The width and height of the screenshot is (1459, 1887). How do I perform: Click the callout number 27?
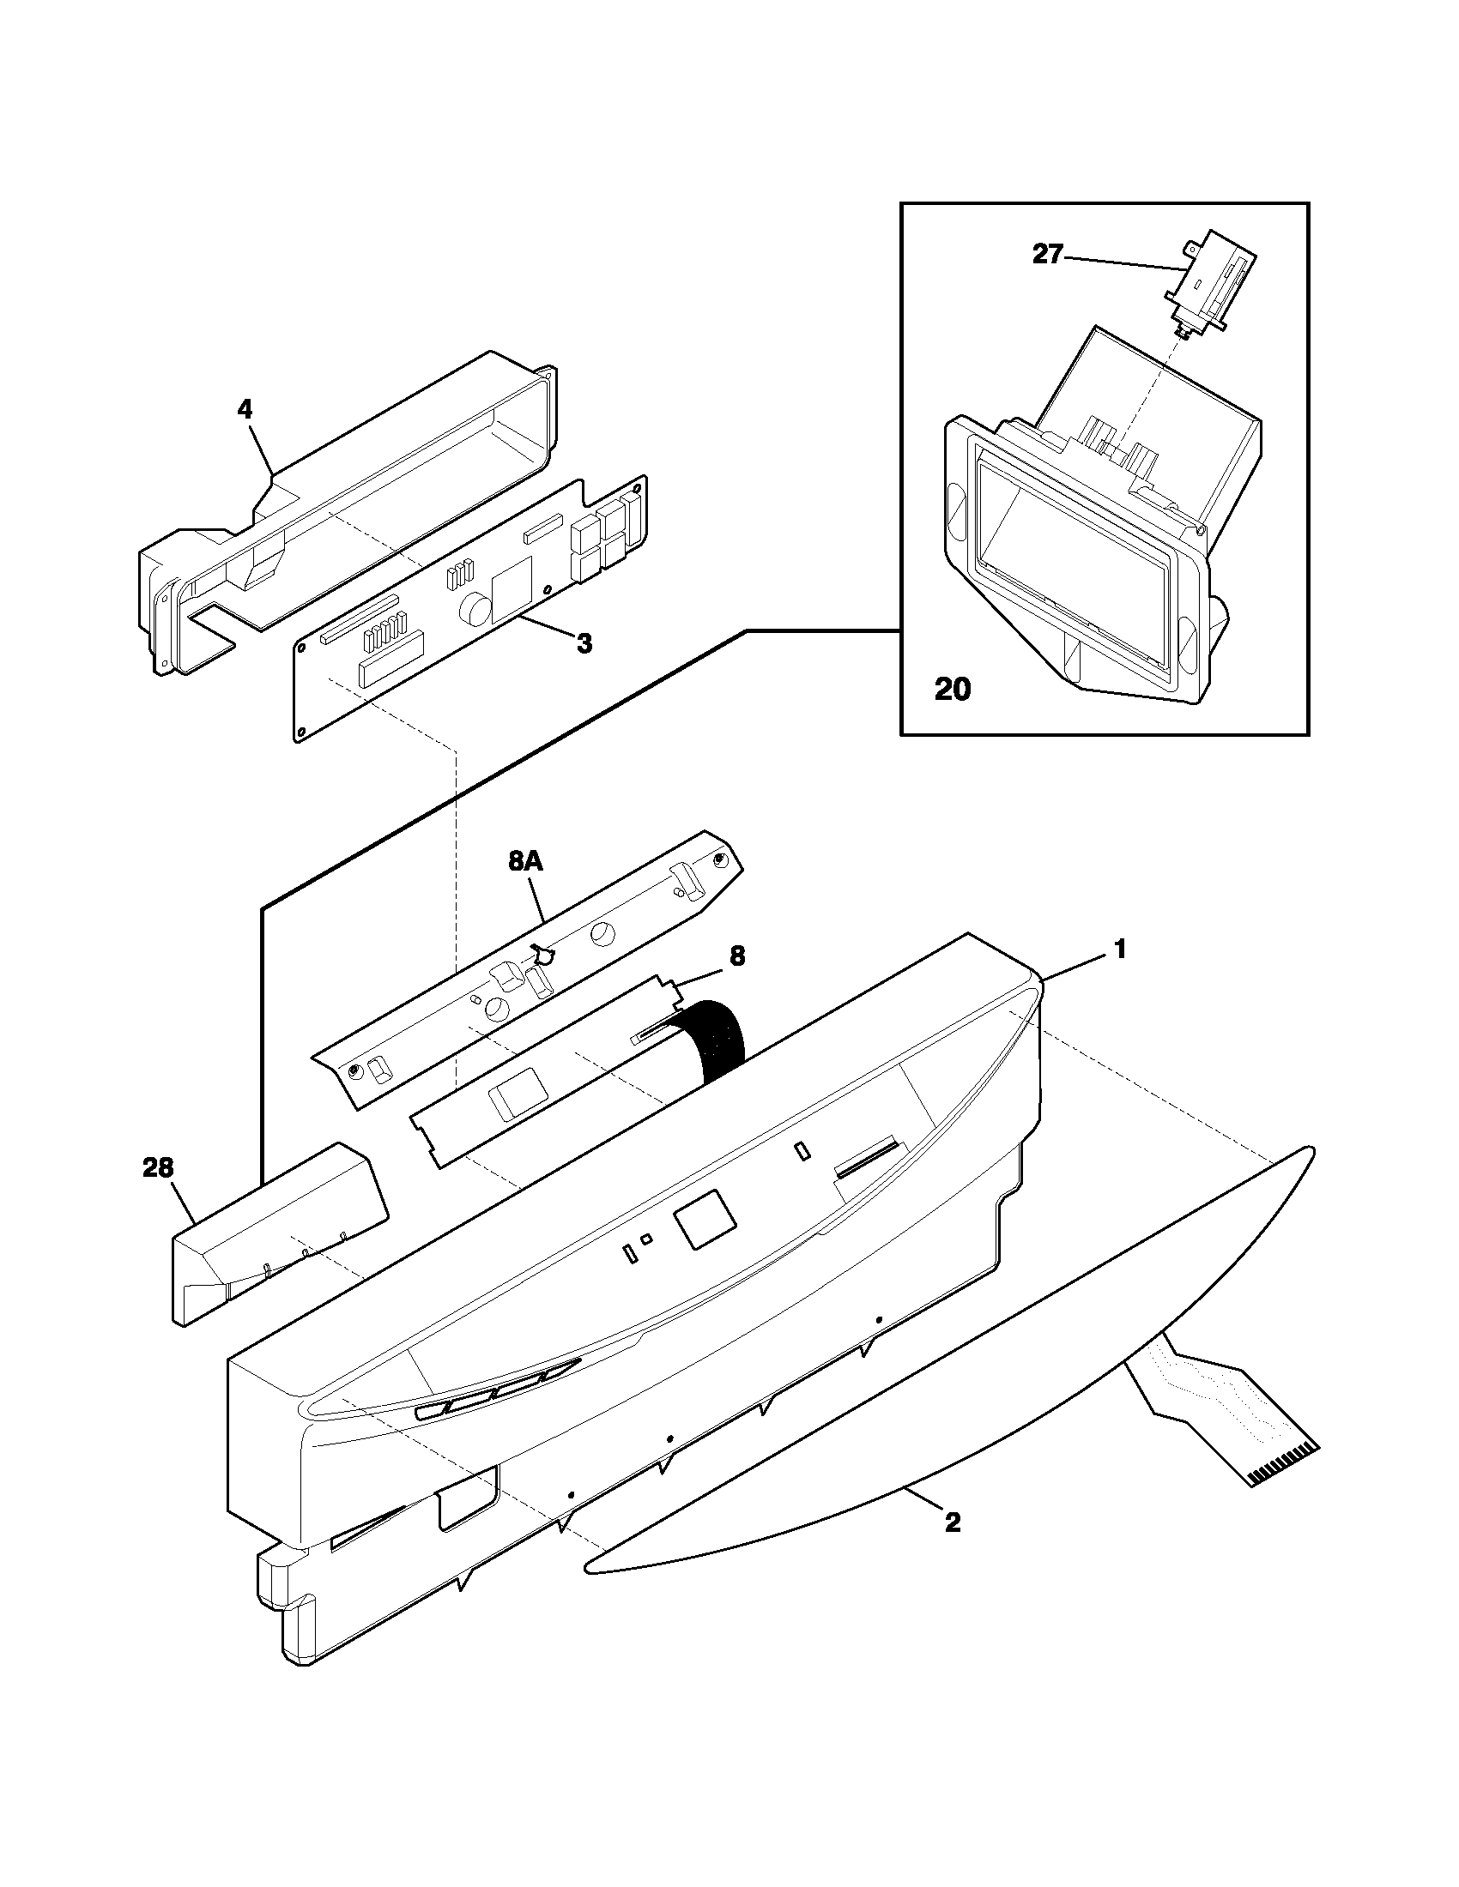point(1048,255)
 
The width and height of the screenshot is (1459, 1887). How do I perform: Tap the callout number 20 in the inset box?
point(952,690)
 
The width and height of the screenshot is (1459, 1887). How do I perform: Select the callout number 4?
point(245,409)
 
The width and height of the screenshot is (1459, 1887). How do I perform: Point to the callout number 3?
point(584,643)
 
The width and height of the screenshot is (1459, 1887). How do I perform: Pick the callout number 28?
point(158,1168)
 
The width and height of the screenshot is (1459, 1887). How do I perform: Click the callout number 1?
point(1119,950)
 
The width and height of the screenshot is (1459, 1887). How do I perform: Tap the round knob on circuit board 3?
point(473,610)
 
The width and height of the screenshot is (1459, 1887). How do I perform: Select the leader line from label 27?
point(1123,263)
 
